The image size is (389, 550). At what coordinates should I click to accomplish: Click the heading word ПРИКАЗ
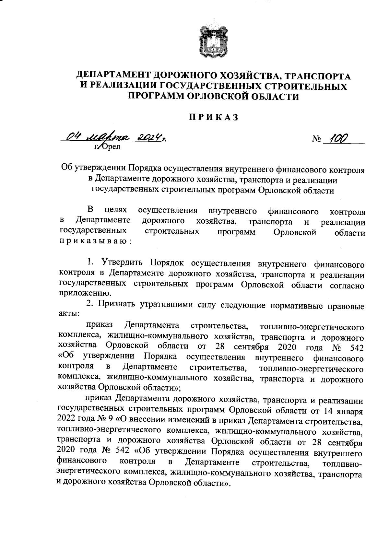click(214, 117)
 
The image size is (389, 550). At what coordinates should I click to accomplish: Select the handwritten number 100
click(337, 138)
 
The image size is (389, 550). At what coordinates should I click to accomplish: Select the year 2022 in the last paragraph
click(66, 420)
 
